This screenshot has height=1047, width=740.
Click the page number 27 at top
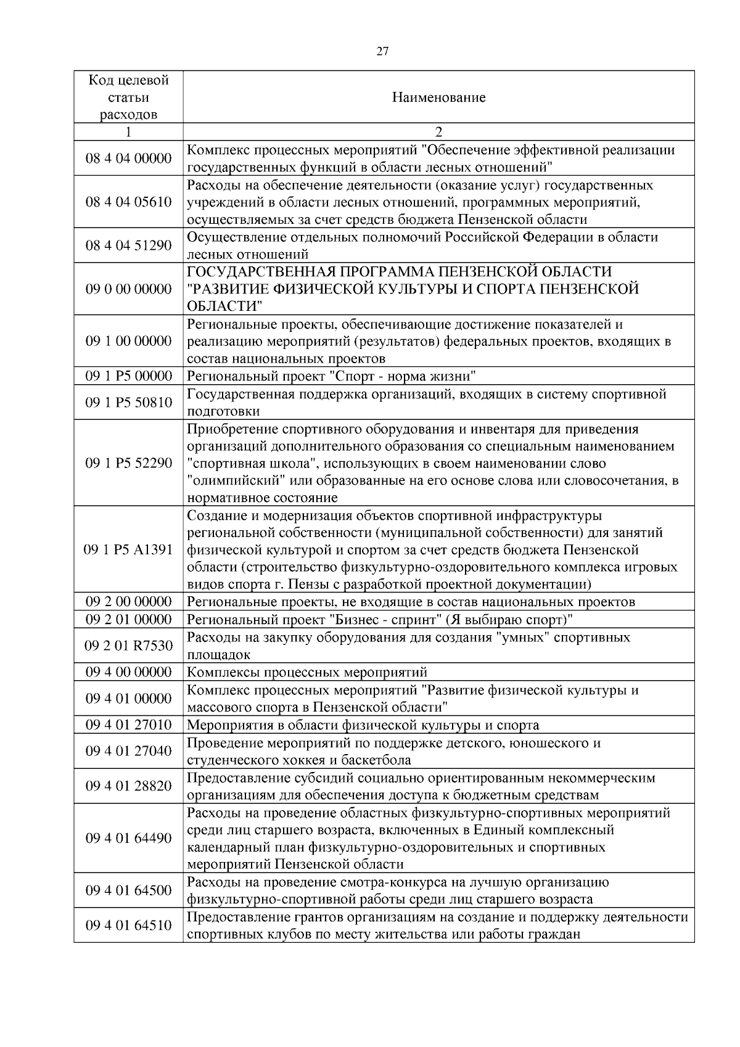click(382, 52)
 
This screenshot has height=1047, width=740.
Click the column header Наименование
click(438, 97)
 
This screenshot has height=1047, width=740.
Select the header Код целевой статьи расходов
click(128, 97)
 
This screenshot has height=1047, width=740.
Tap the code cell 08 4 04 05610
click(128, 202)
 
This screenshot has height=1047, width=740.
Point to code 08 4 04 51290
click(128, 245)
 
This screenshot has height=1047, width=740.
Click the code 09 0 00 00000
click(128, 289)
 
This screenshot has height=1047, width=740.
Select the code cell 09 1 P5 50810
click(128, 403)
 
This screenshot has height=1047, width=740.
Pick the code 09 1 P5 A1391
click(128, 549)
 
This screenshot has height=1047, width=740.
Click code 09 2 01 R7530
click(128, 646)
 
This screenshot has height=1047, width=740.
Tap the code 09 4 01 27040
click(128, 751)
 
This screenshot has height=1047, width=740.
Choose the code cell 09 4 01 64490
click(128, 838)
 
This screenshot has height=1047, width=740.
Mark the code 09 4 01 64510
click(128, 925)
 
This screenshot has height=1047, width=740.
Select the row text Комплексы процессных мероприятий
click(306, 672)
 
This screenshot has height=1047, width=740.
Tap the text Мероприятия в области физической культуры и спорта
click(363, 725)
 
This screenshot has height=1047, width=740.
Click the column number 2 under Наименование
click(438, 132)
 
